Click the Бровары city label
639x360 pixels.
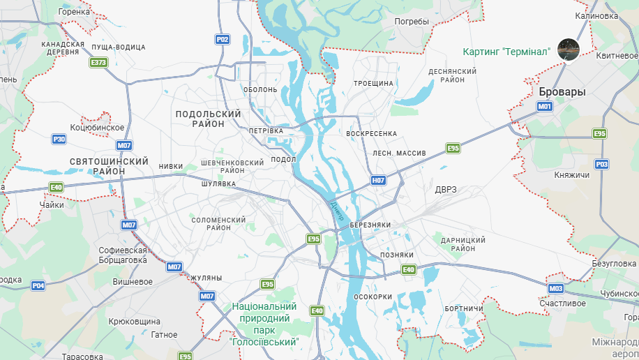click(x=562, y=92)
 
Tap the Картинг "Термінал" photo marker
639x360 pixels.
click(x=569, y=50)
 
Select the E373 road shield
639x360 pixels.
click(x=99, y=63)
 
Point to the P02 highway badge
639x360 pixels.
click(x=223, y=40)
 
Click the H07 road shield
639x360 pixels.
click(x=378, y=180)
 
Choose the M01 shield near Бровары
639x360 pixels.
click(x=545, y=106)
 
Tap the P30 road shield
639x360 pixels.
click(x=59, y=140)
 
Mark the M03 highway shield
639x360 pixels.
click(x=555, y=288)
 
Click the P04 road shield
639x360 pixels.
click(x=38, y=285)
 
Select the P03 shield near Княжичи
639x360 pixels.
click(x=602, y=164)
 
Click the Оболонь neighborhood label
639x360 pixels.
click(x=260, y=89)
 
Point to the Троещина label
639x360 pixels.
click(x=373, y=83)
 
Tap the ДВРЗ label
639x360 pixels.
click(x=445, y=190)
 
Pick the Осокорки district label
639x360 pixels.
click(x=373, y=297)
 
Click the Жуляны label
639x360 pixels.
click(x=205, y=278)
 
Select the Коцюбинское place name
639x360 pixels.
click(x=97, y=128)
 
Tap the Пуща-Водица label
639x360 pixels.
click(x=118, y=47)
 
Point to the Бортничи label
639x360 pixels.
click(x=463, y=308)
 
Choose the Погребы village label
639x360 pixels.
click(x=412, y=22)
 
